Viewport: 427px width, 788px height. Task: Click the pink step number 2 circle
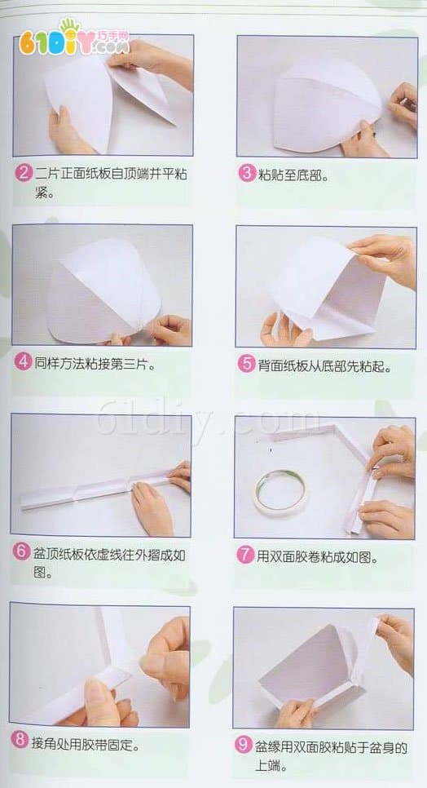pyautogui.click(x=24, y=173)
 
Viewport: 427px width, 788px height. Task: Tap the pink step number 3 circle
pyautogui.click(x=246, y=173)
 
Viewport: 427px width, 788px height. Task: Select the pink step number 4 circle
pyautogui.click(x=23, y=362)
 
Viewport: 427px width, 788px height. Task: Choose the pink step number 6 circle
pyautogui.click(x=21, y=551)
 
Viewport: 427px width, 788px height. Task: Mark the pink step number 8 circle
pyautogui.click(x=20, y=740)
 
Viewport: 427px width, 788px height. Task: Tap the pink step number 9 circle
pyautogui.click(x=243, y=746)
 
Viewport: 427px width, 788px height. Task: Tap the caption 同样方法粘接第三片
pyautogui.click(x=93, y=362)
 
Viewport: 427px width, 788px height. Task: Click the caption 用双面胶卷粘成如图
pyautogui.click(x=317, y=556)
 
